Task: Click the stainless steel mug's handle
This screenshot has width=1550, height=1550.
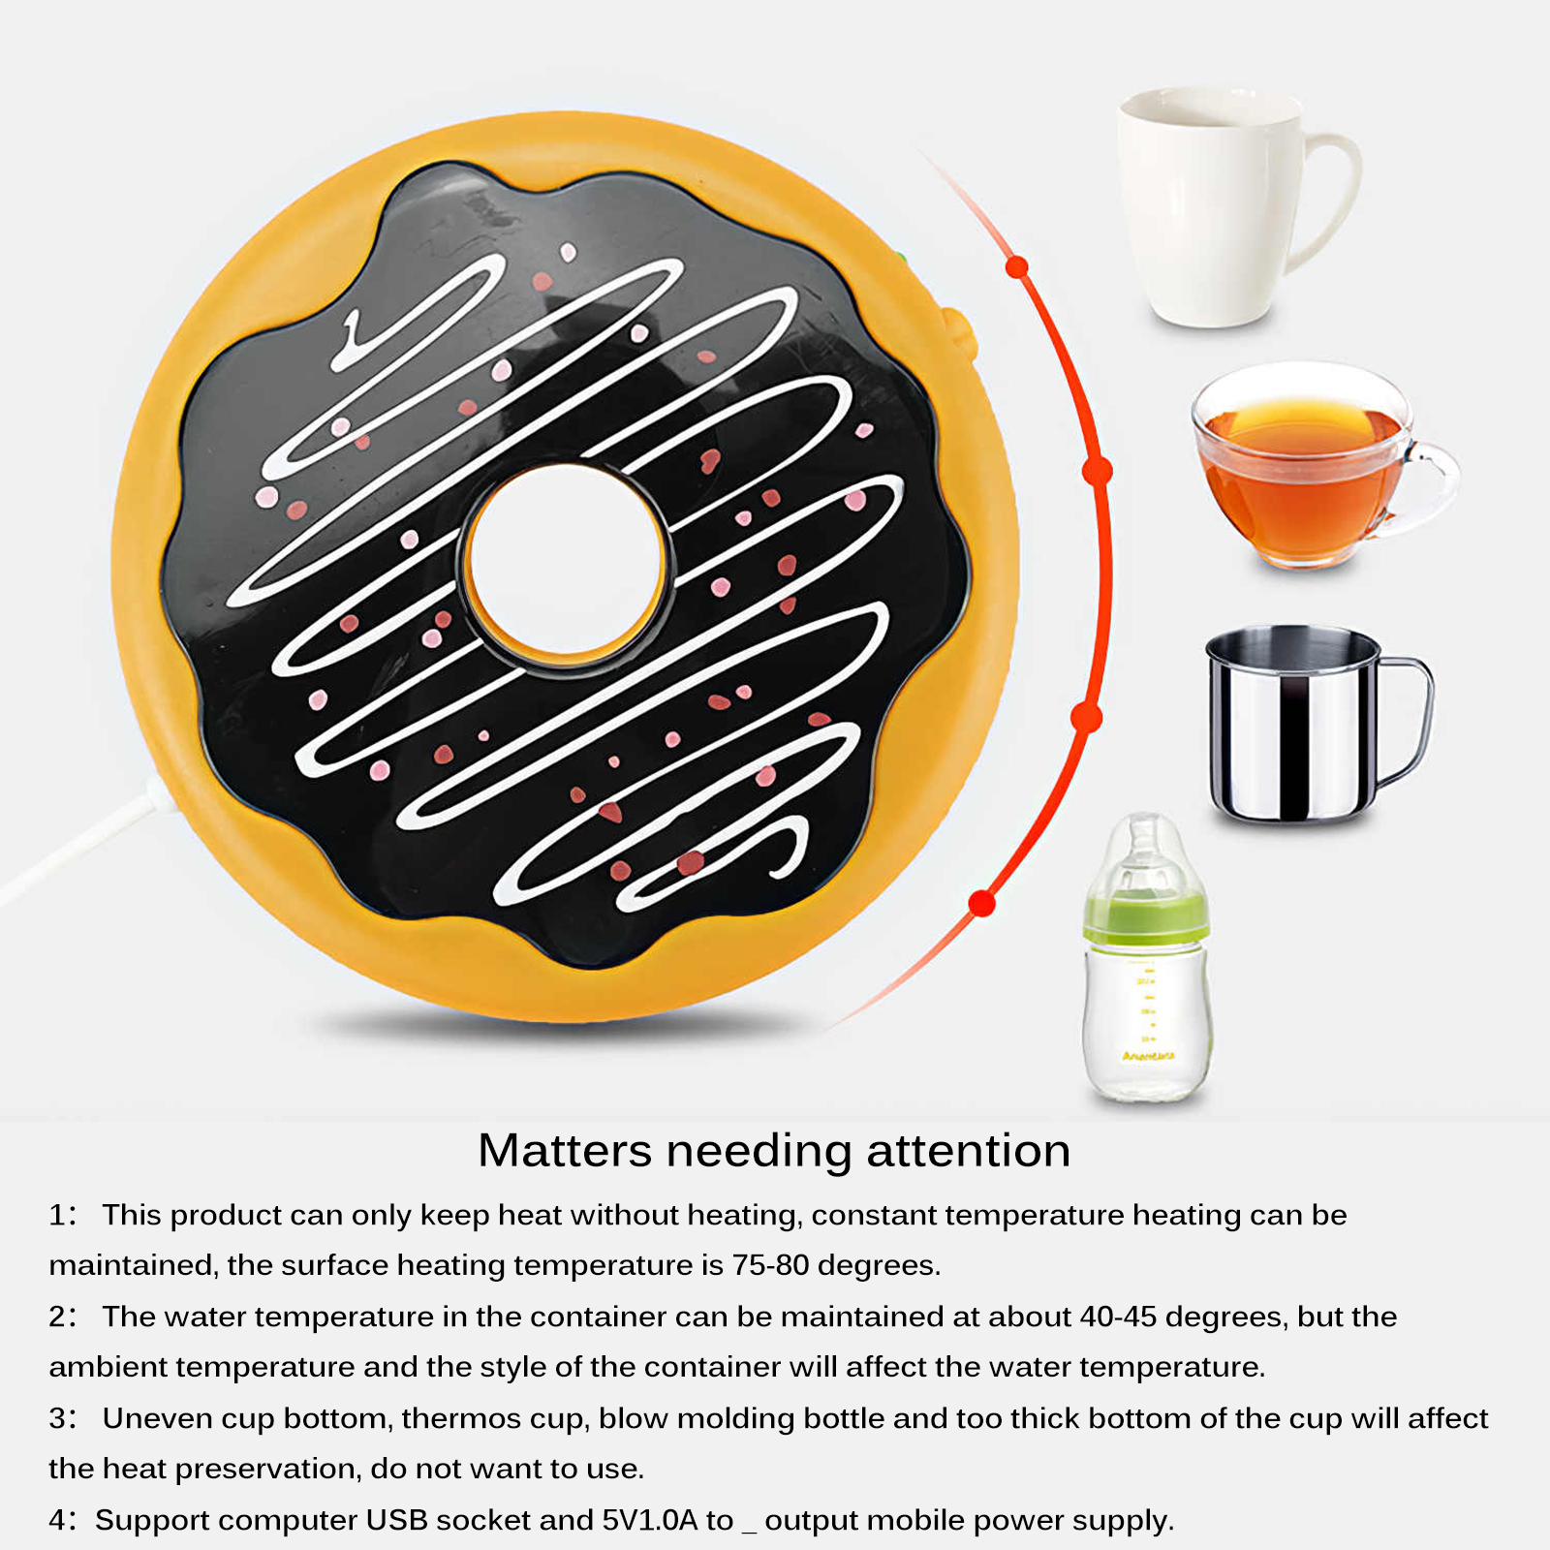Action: click(1410, 717)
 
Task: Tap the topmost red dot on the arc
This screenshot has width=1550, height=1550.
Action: click(1016, 266)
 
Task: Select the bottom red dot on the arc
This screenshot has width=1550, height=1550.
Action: click(982, 903)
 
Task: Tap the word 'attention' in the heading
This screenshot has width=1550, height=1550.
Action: click(968, 1151)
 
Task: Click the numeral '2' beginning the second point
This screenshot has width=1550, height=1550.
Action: click(57, 1317)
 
